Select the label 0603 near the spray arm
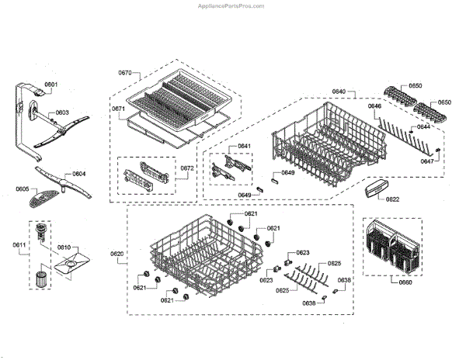tap(62, 112)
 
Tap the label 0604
tap(79, 174)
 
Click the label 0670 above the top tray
tap(126, 72)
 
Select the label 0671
tap(118, 109)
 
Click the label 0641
tap(244, 147)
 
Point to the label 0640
tap(339, 92)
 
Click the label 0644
tap(424, 126)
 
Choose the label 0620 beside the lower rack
tap(117, 254)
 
